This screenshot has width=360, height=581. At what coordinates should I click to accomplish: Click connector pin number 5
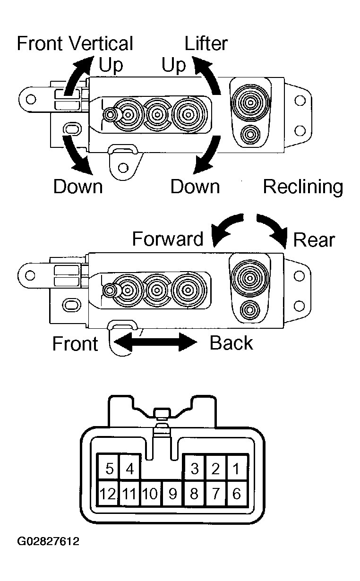click(110, 469)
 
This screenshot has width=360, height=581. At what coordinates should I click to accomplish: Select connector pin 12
click(108, 494)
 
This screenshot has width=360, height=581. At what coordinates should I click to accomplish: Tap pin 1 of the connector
click(237, 469)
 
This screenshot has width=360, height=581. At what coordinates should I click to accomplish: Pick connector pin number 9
click(172, 494)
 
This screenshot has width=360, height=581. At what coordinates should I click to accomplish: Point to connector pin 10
click(150, 494)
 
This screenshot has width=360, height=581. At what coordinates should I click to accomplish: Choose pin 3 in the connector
click(194, 469)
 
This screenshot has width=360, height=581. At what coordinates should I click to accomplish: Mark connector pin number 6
click(237, 494)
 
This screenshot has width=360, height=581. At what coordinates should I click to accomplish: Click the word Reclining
click(303, 187)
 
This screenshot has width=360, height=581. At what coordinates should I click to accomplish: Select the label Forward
click(168, 239)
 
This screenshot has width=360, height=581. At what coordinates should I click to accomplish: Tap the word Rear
click(314, 240)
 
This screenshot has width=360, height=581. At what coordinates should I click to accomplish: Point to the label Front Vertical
click(75, 44)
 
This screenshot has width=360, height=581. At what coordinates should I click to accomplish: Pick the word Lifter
click(206, 44)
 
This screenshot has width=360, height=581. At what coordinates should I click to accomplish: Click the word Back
click(231, 343)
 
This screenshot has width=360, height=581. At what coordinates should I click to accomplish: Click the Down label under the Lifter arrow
click(195, 187)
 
